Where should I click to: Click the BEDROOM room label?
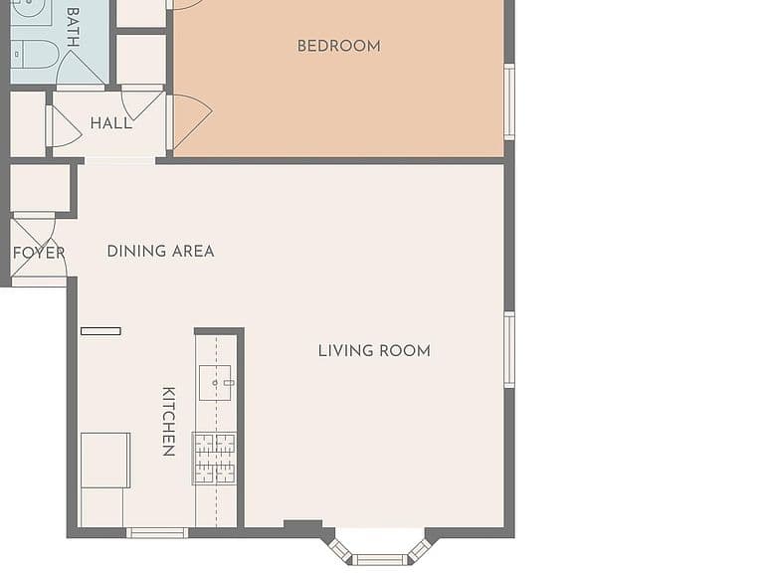338,47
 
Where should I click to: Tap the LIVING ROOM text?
374,351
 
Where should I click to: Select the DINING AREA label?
160,252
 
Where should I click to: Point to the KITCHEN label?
168,422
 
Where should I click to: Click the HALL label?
111,123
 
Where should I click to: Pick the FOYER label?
39,253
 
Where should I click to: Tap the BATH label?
73,27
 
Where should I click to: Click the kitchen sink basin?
215,382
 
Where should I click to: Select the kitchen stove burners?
215,459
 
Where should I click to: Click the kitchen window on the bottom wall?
157,533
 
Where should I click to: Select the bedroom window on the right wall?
509,101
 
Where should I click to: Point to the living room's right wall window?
509,350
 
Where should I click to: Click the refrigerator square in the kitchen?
105,460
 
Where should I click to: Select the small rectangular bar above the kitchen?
100,331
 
